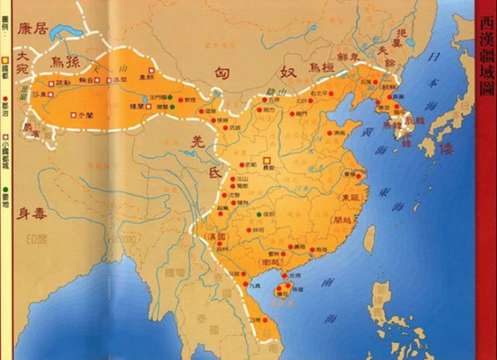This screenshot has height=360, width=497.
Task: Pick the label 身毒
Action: [x=36, y=216]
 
